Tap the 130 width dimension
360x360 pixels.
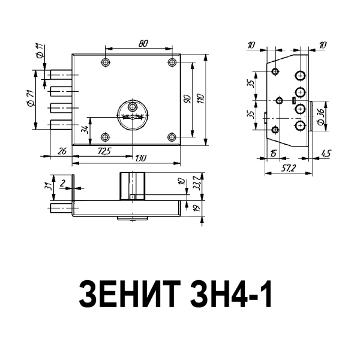(140, 158)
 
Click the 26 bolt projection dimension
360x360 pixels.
(61, 151)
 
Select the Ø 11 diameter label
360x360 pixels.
(38, 50)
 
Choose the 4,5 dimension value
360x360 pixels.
(326, 154)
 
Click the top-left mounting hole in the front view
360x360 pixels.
(106, 62)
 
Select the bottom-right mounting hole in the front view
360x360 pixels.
(172, 136)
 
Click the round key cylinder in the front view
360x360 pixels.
(131, 110)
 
